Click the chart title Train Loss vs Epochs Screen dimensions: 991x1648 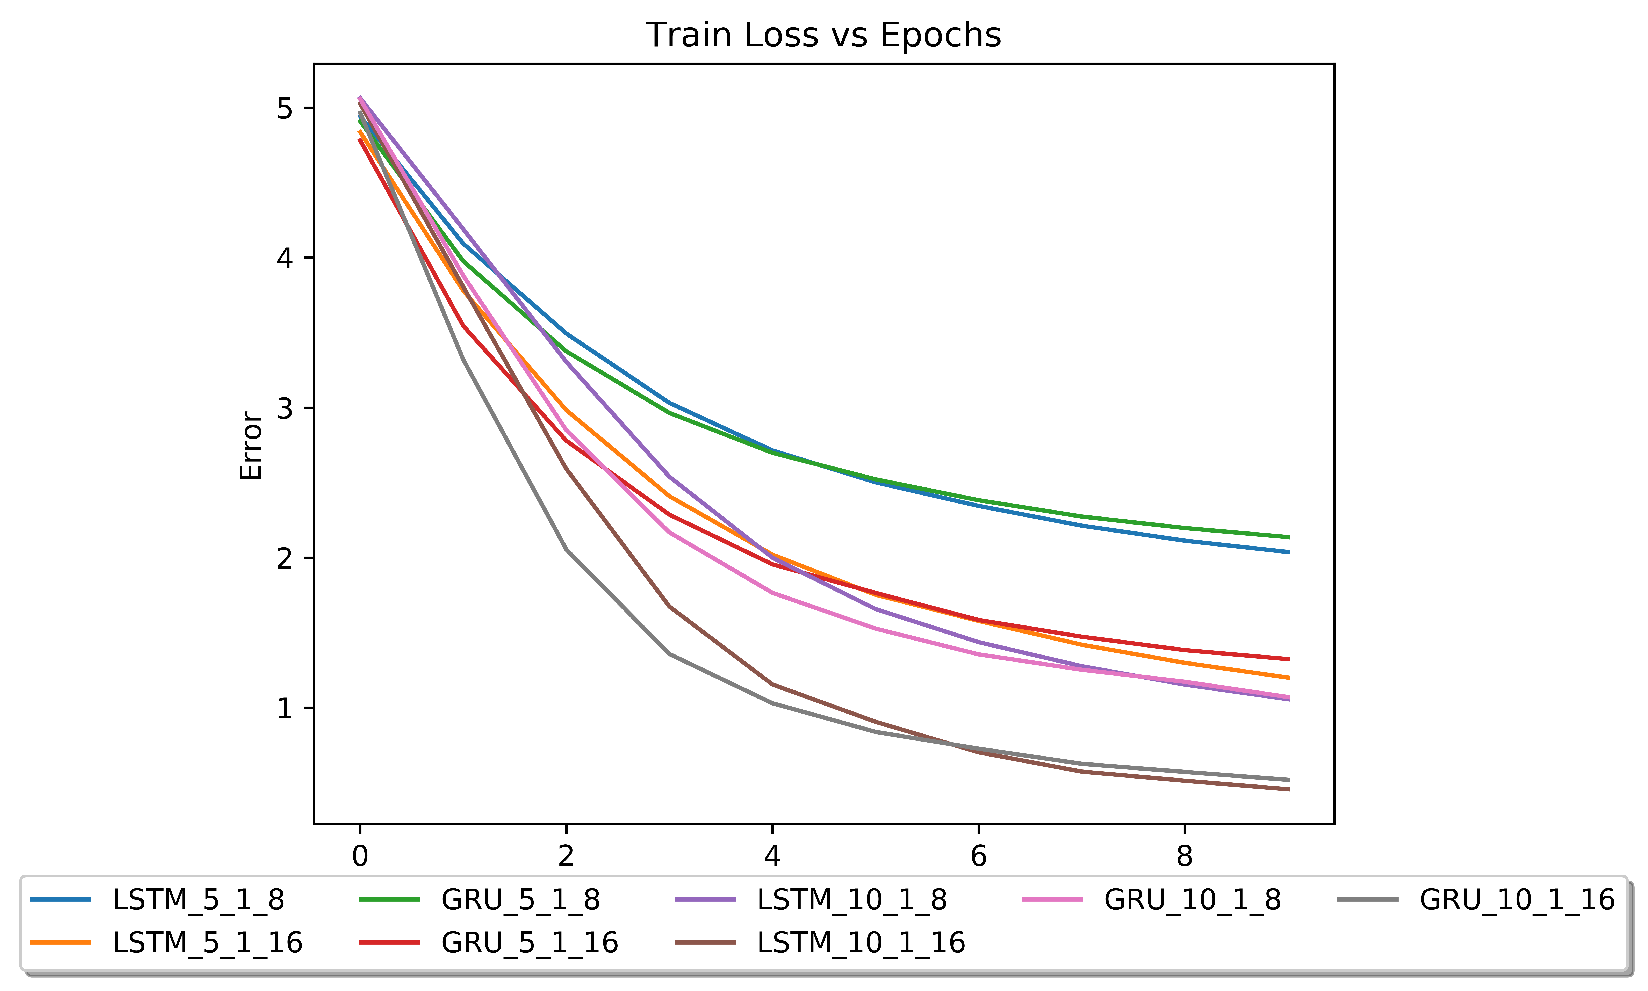click(823, 35)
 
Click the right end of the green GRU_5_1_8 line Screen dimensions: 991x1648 click(1288, 537)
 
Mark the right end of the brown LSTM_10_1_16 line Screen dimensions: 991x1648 click(1288, 789)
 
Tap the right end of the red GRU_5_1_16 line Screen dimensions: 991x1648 click(1288, 659)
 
